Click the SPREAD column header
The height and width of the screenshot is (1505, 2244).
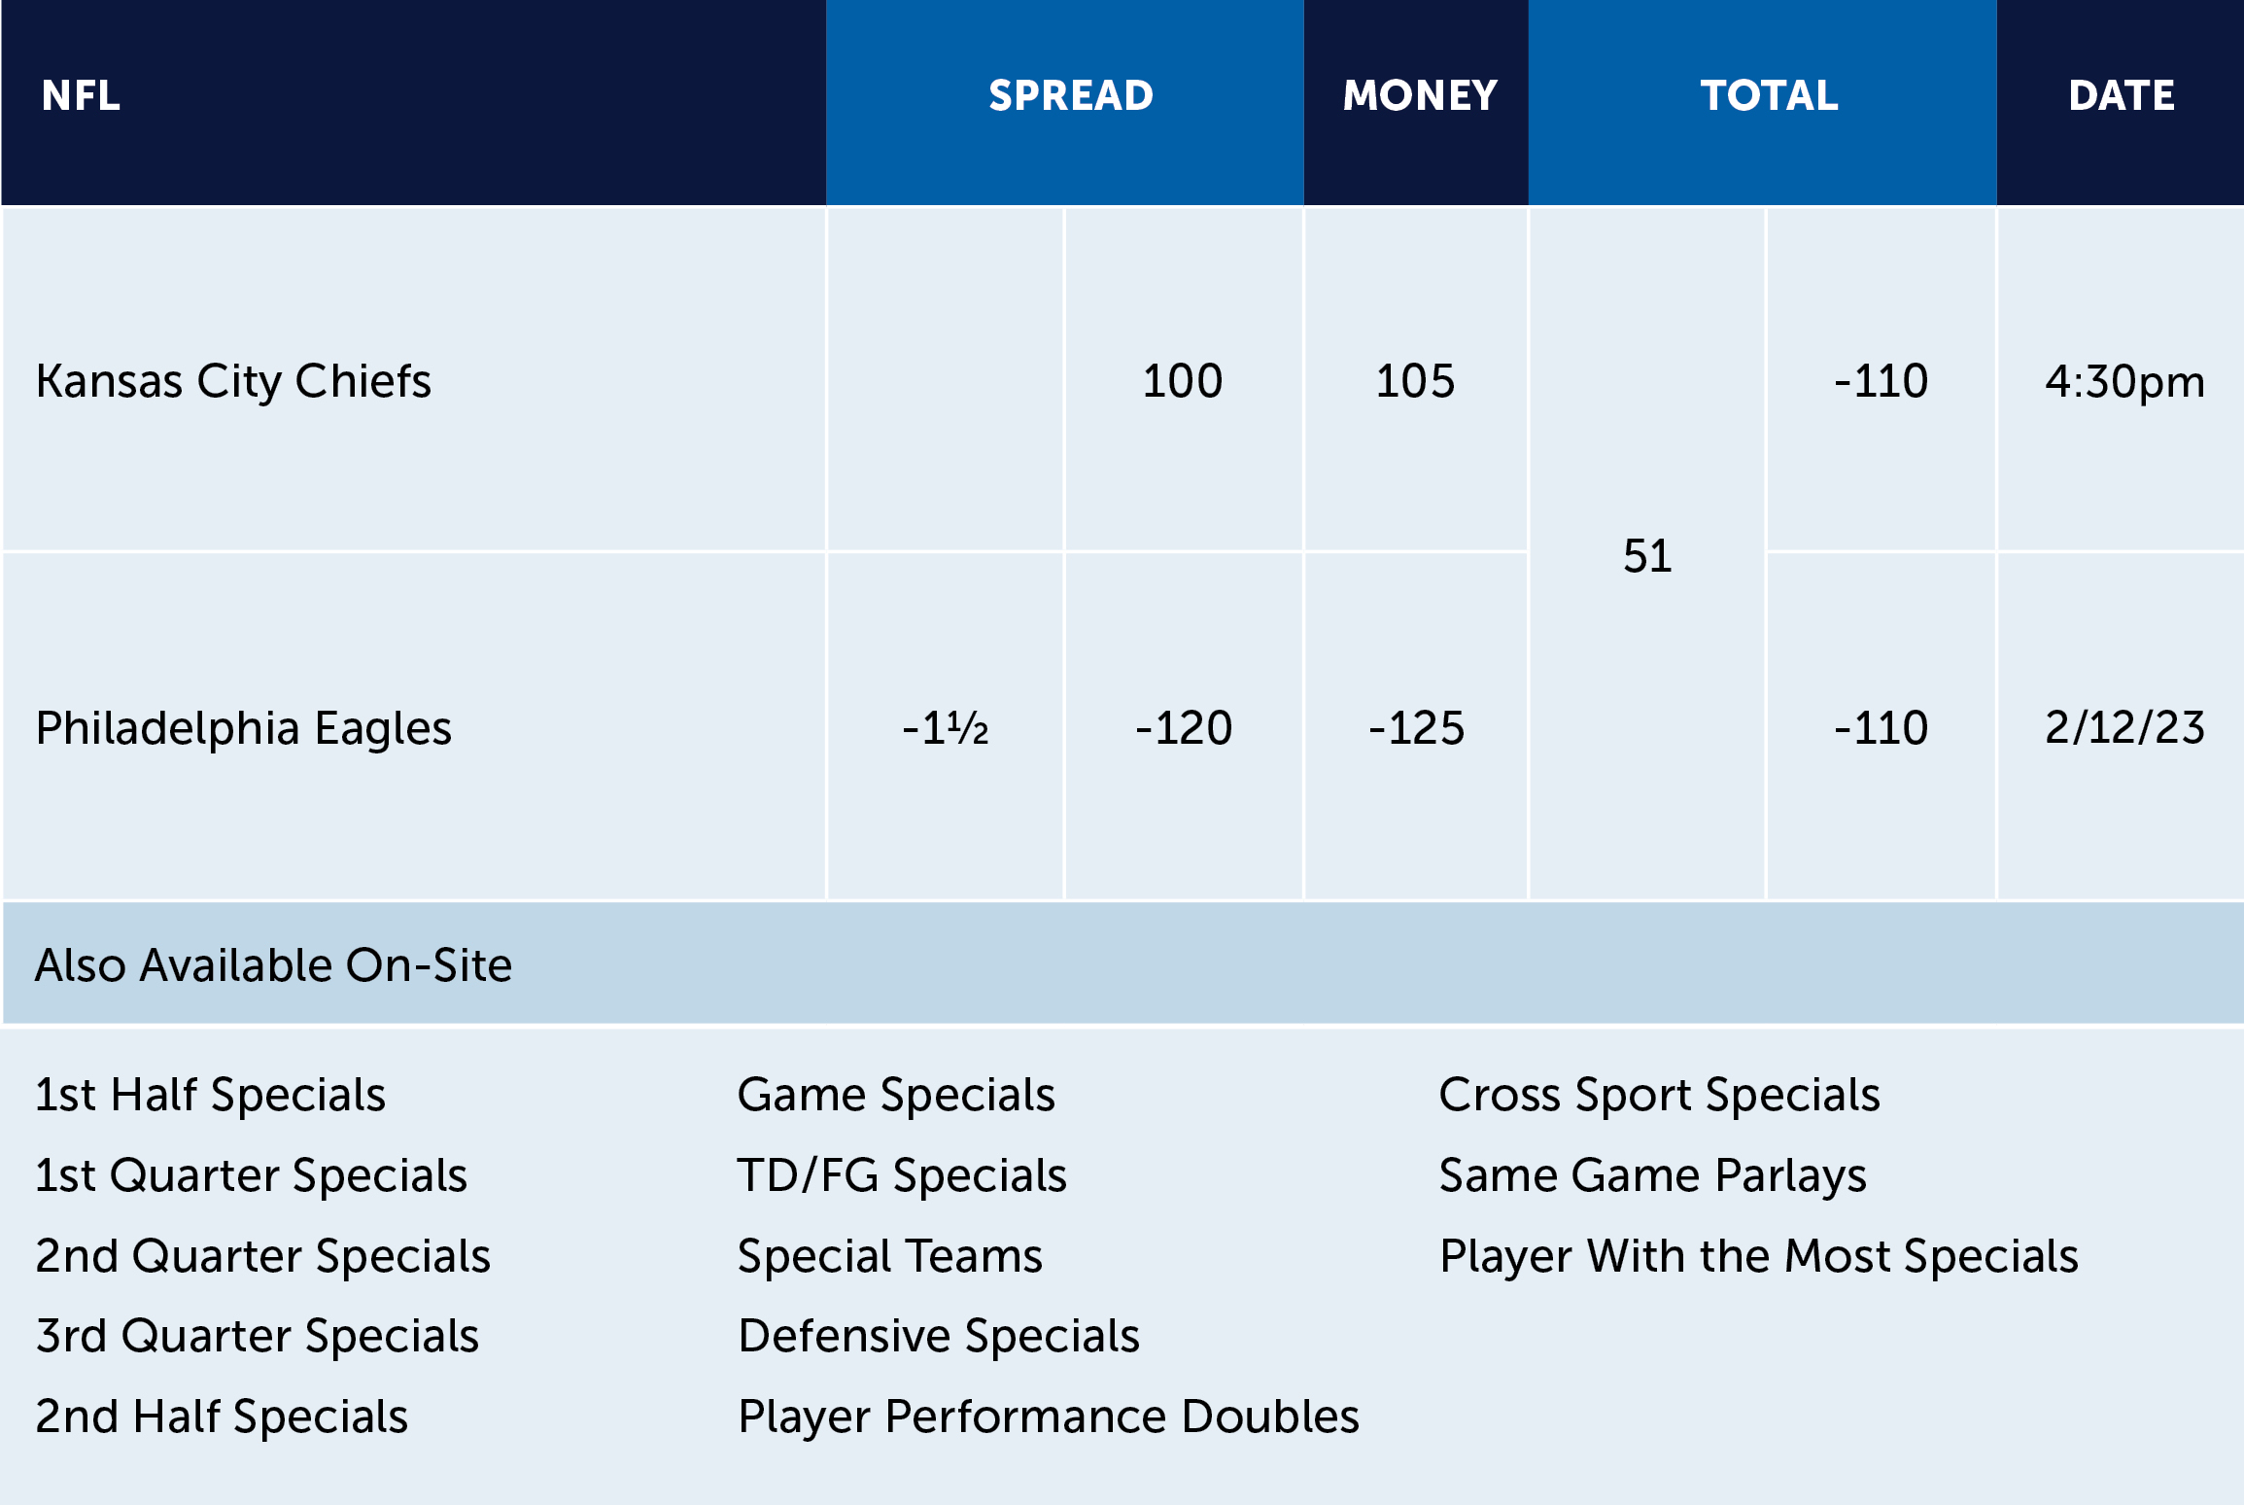click(x=1070, y=95)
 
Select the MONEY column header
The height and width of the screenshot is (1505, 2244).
click(x=1419, y=95)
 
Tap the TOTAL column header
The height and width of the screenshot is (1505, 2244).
click(x=1769, y=95)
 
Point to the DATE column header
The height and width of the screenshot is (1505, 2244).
click(x=2121, y=95)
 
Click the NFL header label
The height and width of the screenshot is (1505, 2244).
click(x=81, y=95)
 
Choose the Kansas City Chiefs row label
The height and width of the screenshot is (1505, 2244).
click(x=233, y=381)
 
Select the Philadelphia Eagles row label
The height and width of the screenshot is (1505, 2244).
click(x=243, y=728)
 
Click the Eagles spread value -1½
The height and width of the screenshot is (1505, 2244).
click(x=945, y=728)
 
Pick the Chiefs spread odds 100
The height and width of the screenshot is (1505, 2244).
click(x=1182, y=381)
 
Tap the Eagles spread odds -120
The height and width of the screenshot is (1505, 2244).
click(x=1183, y=728)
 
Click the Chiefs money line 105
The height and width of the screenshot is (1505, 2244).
click(x=1415, y=381)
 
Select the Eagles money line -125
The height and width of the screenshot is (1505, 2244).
click(x=1416, y=728)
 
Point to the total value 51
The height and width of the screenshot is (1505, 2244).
click(x=1647, y=556)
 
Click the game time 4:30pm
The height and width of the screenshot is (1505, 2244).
click(x=2124, y=381)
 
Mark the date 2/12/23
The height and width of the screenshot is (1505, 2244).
click(x=2124, y=728)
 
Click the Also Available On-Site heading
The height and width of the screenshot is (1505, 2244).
click(x=273, y=965)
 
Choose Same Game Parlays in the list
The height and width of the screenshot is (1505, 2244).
click(x=1652, y=1175)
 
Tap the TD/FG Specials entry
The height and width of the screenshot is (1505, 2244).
click(x=902, y=1175)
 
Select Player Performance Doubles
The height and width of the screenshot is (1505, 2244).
click(x=1048, y=1417)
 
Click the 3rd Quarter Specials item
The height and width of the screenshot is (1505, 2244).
click(x=257, y=1336)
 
